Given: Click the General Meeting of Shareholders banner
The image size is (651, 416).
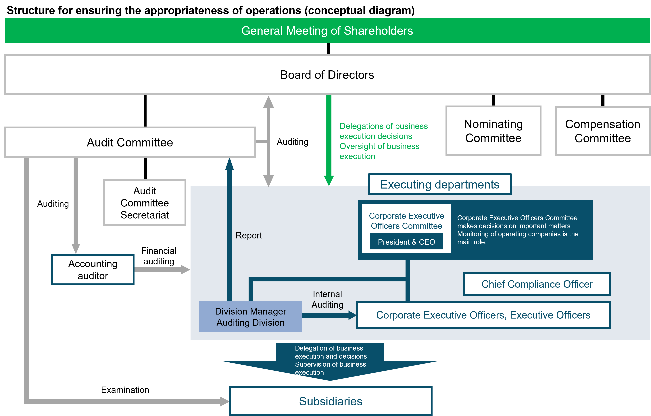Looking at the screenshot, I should pyautogui.click(x=327, y=31).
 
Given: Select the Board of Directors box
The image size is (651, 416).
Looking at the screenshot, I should pyautogui.click(x=327, y=75).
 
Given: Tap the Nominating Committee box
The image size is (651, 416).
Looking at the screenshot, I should pyautogui.click(x=493, y=131).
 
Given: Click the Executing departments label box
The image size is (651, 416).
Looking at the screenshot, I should pyautogui.click(x=440, y=185).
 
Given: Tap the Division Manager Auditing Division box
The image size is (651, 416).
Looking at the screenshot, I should pyautogui.click(x=251, y=317).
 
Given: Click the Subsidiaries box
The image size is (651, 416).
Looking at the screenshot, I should pyautogui.click(x=331, y=401).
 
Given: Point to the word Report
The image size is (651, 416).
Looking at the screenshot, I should pyautogui.click(x=249, y=235).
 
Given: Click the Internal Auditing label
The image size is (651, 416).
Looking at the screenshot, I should pyautogui.click(x=327, y=299).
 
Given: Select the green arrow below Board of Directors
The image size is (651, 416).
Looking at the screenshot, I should pyautogui.click(x=329, y=141).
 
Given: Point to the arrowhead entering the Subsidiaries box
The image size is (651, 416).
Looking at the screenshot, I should pyautogui.click(x=224, y=401).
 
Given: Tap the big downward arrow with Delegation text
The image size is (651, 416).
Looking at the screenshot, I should pyautogui.click(x=330, y=362).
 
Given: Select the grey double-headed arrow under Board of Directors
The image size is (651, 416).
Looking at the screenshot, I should pyautogui.click(x=268, y=141).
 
